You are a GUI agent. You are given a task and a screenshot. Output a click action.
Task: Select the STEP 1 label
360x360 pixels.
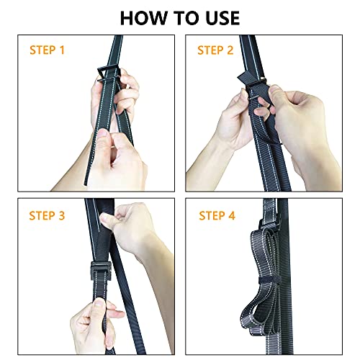click(47, 50)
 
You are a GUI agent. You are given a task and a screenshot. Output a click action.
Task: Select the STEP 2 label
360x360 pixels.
click(215, 50)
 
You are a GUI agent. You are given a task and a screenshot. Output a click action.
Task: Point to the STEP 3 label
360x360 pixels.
click(47, 215)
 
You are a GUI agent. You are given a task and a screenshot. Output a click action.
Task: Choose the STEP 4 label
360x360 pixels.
click(217, 215)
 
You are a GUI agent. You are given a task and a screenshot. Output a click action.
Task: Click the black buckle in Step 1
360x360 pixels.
click(108, 74)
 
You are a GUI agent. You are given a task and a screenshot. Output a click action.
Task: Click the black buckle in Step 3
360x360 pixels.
click(100, 271)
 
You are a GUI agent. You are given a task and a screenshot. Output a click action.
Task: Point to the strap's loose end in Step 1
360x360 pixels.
click(86, 181)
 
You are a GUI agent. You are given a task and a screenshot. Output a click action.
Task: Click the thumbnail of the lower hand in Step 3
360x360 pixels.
click(99, 302)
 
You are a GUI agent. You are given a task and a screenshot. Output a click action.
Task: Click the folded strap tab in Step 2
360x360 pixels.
click(244, 78)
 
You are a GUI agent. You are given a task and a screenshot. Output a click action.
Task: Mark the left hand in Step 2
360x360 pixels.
click(236, 120)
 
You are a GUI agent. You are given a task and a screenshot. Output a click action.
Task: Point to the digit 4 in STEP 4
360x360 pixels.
click(232, 215)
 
